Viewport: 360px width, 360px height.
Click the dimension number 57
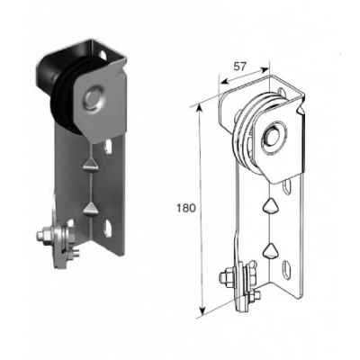pyautogui.click(x=240, y=67)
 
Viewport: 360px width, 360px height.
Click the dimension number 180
pyautogui.click(x=186, y=208)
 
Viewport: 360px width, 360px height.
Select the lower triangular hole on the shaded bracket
pyautogui.click(x=89, y=209)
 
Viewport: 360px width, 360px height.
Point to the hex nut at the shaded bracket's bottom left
pyautogui.click(x=41, y=236)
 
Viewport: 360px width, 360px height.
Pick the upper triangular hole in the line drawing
pyautogui.click(x=270, y=206)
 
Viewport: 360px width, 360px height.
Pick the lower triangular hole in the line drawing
pyautogui.click(x=271, y=250)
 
